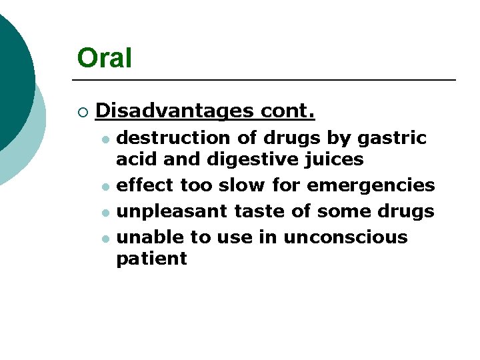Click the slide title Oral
[104, 58]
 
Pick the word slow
[246, 185]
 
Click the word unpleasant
[172, 211]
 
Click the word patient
[151, 259]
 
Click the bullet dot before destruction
[105, 139]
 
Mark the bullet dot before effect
[105, 186]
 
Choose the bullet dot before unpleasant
[105, 213]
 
